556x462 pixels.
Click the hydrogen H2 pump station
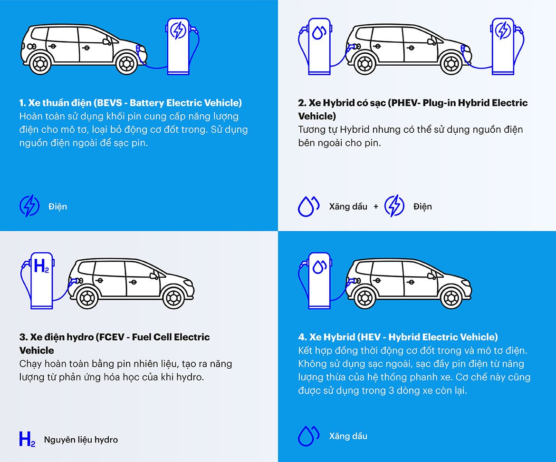pos(41,280)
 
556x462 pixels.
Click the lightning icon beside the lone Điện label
pos(29,206)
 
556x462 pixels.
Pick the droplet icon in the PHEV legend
pos(308,206)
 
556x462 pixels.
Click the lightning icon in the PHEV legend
pos(394,206)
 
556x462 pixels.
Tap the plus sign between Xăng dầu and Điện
pos(376,206)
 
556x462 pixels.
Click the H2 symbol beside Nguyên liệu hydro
pos(27,439)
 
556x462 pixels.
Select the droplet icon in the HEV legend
pos(308,436)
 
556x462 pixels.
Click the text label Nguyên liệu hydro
pos(81,440)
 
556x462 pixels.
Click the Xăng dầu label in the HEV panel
pos(348,436)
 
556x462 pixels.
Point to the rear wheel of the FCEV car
pos(87,298)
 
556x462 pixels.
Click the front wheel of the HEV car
pos(450,298)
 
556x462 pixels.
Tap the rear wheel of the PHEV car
pos(364,63)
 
